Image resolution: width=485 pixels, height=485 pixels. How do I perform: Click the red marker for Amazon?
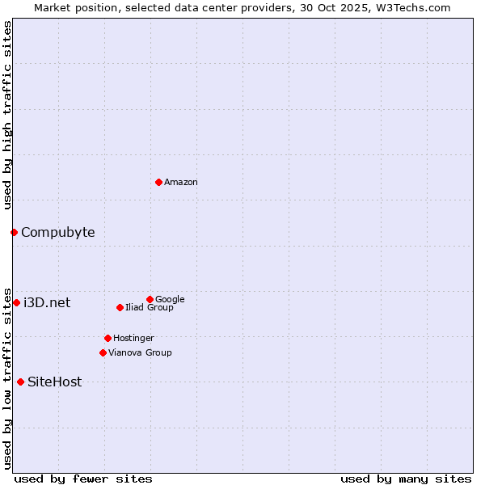tap(158, 182)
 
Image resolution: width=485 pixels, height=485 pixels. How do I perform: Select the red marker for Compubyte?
tap(14, 233)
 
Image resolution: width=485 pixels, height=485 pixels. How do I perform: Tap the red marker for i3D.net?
tap(16, 302)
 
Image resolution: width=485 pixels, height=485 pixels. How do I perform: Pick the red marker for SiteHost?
tap(20, 382)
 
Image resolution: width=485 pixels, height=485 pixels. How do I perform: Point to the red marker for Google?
tap(150, 299)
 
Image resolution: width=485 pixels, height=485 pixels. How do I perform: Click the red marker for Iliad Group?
tap(120, 307)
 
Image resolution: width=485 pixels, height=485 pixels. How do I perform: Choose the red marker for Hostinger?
tap(108, 338)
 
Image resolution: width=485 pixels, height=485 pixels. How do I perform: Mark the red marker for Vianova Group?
tap(103, 352)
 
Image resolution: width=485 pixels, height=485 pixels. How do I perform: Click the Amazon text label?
tap(181, 183)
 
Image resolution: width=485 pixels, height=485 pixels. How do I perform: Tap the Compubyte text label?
tap(57, 233)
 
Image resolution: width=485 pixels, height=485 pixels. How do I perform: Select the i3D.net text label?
tap(47, 303)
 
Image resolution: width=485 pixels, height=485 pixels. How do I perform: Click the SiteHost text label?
tap(54, 382)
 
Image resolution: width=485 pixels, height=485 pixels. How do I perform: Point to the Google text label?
tap(170, 300)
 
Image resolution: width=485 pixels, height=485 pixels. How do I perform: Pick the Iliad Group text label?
tap(150, 308)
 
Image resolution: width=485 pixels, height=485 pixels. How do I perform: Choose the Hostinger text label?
tap(133, 339)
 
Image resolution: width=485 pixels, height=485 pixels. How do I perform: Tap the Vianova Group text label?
tap(140, 353)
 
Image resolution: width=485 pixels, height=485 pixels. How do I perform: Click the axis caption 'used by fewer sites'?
tap(83, 479)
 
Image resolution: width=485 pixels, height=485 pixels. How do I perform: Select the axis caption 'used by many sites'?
tap(406, 479)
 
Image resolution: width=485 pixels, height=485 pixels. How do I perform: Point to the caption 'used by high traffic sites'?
tap(7, 115)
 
